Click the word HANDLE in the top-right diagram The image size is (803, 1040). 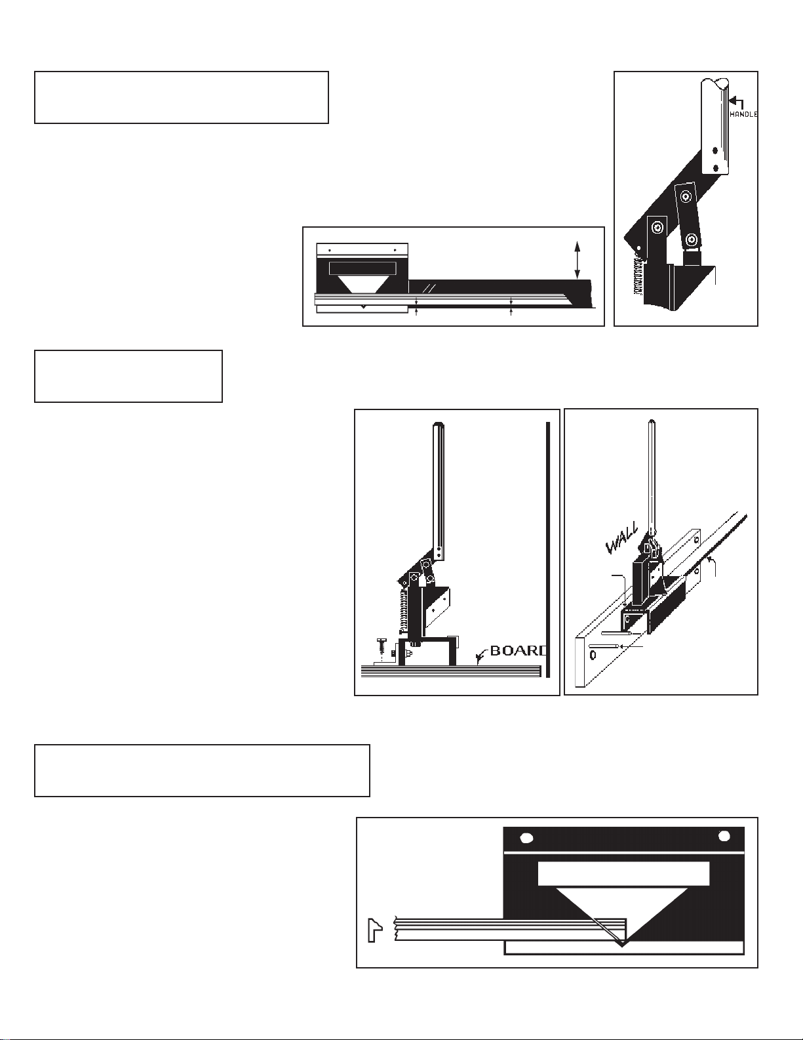tap(743, 114)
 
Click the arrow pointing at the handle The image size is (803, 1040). tap(736, 102)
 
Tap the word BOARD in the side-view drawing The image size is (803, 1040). tap(518, 651)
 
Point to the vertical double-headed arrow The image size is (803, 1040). tap(578, 260)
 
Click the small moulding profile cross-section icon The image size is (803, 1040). tap(375, 930)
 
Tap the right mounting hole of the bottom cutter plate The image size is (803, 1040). tap(724, 836)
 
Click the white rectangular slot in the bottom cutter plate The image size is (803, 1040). tap(623, 874)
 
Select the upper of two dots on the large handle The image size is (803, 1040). tap(715, 150)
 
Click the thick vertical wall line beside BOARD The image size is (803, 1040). tap(548, 549)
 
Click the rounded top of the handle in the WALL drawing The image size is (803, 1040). tap(651, 423)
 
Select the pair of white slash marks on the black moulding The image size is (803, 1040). tap(432, 287)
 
